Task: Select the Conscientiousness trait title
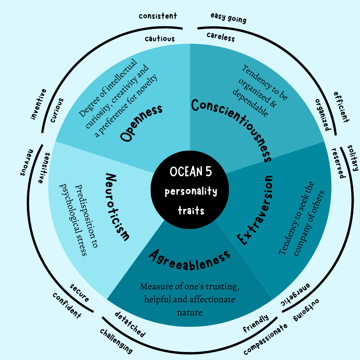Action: coord(232,130)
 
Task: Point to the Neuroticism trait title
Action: coord(117,207)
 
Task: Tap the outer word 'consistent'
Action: coord(158,16)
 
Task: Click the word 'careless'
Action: coord(221,37)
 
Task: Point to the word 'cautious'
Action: coord(160,39)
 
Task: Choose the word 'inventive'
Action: coord(38,104)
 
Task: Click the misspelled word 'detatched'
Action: coord(130,324)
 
